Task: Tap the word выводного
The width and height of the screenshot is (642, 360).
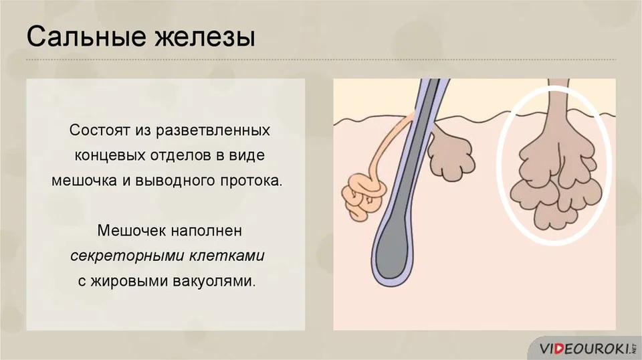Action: point(176,181)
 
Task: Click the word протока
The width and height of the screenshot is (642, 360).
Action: point(252,181)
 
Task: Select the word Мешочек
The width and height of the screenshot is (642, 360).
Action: point(131,231)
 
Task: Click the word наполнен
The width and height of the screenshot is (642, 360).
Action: point(206,232)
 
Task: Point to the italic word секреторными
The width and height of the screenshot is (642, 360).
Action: point(127,256)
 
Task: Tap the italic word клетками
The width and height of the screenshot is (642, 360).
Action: point(227,256)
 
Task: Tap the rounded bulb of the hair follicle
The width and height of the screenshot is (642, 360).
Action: point(391,256)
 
